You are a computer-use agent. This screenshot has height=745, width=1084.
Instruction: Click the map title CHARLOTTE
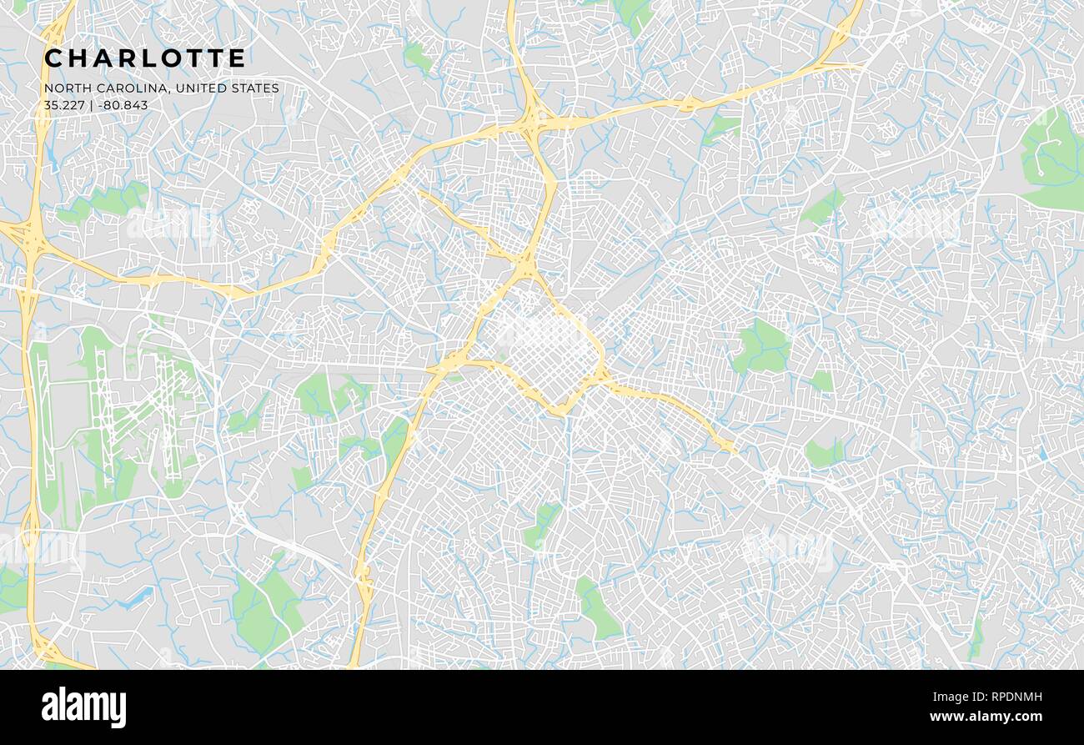pos(145,58)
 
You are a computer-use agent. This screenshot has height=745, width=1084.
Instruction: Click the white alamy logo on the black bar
pos(83,707)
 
